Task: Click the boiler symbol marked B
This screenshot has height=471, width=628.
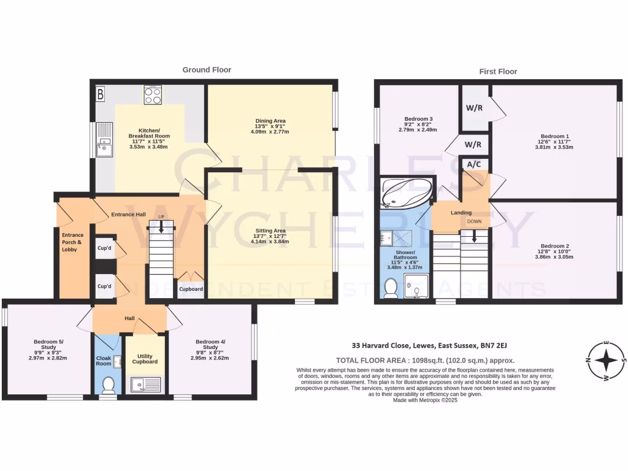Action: [101, 94]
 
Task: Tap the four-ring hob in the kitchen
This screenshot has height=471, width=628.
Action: [153, 94]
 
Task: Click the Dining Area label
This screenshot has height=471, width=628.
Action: [270, 121]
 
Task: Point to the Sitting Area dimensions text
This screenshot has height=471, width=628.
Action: [270, 242]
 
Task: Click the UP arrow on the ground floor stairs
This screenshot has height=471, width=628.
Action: [161, 226]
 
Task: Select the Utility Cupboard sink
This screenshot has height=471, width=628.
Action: [145, 386]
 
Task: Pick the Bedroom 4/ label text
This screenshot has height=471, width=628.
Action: [210, 342]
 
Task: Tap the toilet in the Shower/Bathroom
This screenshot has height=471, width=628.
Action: [390, 288]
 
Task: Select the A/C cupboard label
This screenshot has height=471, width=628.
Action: [473, 164]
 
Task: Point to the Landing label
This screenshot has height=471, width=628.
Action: [461, 213]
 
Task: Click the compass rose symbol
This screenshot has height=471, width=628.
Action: [606, 360]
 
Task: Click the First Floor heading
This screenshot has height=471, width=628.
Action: [497, 71]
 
